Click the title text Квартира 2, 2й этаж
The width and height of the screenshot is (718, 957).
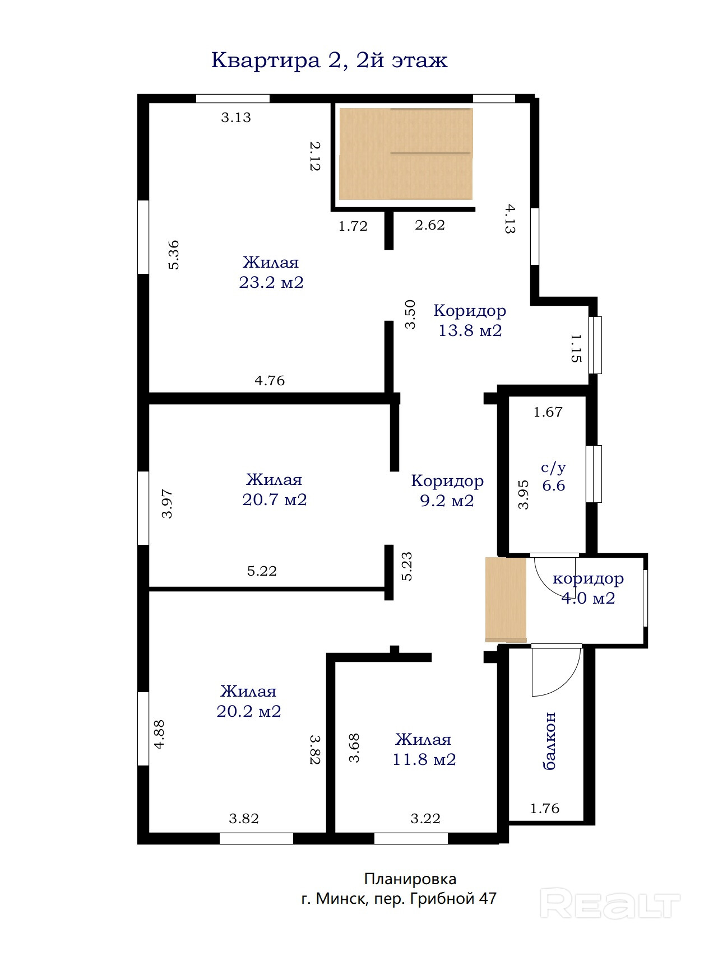[x=329, y=60]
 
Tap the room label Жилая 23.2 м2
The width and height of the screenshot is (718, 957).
[x=271, y=272]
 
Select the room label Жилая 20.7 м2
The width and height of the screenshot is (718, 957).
[x=275, y=489]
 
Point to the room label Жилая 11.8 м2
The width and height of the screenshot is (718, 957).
[x=424, y=749]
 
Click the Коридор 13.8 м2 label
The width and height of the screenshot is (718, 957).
[x=470, y=320]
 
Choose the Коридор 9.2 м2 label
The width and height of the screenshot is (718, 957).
[x=447, y=491]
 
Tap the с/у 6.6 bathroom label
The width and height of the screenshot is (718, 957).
[x=553, y=477]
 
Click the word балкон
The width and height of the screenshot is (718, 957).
[x=550, y=741]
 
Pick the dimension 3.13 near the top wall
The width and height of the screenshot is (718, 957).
[x=236, y=118]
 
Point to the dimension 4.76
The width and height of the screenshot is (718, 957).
[x=270, y=381]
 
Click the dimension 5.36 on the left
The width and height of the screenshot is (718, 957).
[x=174, y=255]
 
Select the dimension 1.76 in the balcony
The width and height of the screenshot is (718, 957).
[x=545, y=809]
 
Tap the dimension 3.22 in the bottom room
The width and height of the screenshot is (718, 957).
[x=425, y=819]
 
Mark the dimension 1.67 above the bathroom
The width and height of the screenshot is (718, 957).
[x=548, y=412]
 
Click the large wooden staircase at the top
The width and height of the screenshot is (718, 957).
[x=406, y=154]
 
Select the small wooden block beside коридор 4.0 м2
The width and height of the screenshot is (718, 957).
[x=506, y=600]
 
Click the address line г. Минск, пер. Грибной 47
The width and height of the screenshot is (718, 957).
[x=399, y=899]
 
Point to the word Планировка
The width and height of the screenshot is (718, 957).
[x=410, y=879]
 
